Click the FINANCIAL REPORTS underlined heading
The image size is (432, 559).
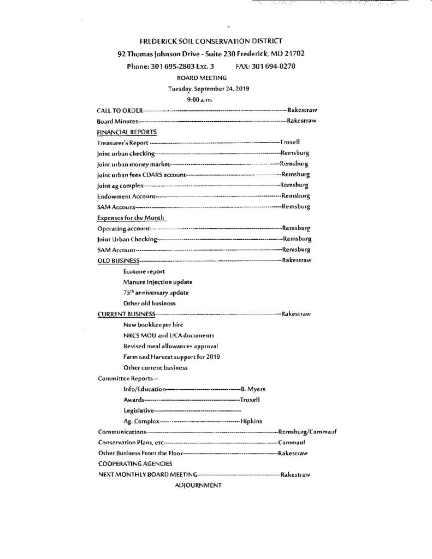pyautogui.click(x=127, y=132)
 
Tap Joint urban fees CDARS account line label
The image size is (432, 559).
pyautogui.click(x=141, y=175)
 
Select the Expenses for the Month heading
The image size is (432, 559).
pyautogui.click(x=131, y=217)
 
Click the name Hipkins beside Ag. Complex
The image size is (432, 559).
pyautogui.click(x=252, y=421)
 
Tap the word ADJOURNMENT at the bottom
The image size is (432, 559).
pyautogui.click(x=198, y=485)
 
